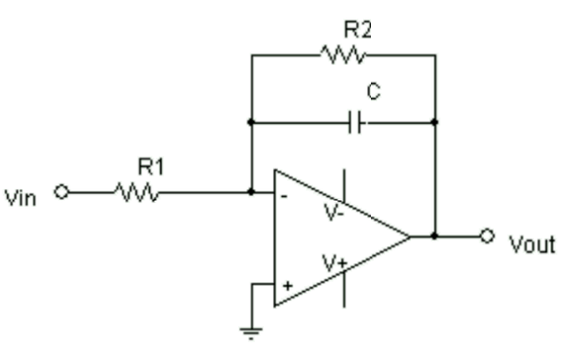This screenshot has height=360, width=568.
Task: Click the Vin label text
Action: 21,197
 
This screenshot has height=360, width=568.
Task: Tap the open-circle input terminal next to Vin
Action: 62,192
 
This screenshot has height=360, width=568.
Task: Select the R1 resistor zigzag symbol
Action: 136,192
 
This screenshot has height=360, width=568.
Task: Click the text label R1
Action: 149,167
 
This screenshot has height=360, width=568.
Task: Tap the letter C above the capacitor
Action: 373,93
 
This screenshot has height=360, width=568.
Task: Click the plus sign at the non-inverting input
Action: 286,285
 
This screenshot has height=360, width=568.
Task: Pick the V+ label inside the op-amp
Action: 334,264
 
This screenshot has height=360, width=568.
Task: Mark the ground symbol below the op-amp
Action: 252,331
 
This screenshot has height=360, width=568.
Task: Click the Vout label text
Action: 531,244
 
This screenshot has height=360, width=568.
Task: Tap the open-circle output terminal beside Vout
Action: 486,236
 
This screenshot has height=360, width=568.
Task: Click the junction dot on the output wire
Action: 434,236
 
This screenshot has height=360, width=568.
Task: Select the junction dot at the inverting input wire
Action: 252,192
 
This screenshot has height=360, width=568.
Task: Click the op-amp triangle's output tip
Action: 410,236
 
